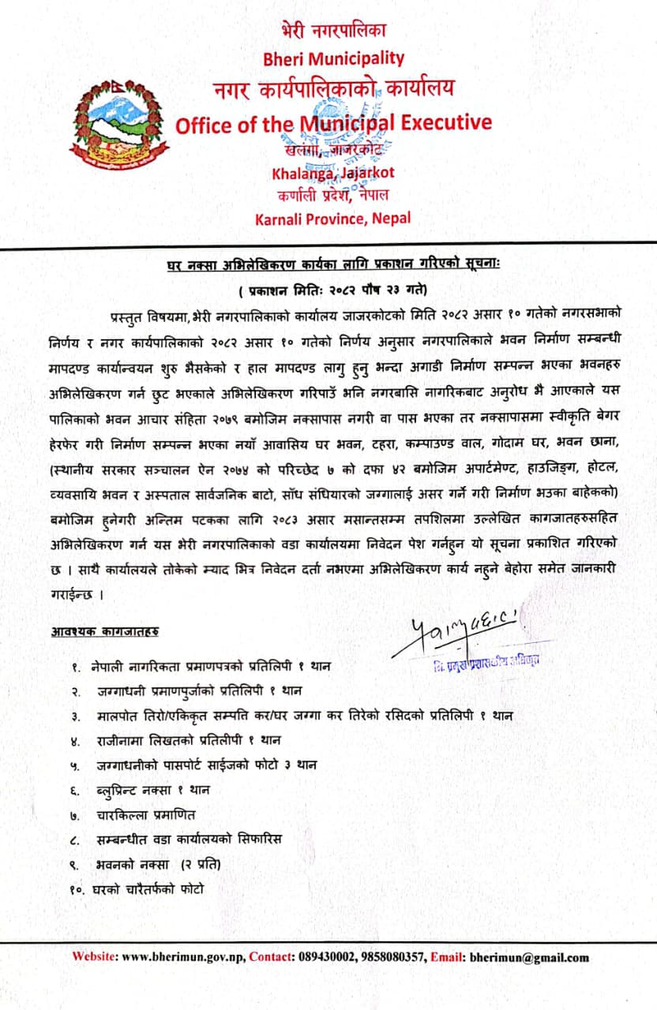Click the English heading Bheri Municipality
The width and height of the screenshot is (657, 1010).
pyautogui.click(x=332, y=58)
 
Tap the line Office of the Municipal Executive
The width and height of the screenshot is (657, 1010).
pyautogui.click(x=332, y=123)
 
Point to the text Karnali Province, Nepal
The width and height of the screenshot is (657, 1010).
pyautogui.click(x=332, y=219)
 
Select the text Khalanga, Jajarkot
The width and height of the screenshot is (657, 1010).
pyautogui.click(x=332, y=173)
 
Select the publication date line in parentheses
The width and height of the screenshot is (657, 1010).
pyautogui.click(x=328, y=288)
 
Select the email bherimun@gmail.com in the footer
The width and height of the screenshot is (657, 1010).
pyautogui.click(x=529, y=958)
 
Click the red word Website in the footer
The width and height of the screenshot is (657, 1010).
pyautogui.click(x=95, y=958)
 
